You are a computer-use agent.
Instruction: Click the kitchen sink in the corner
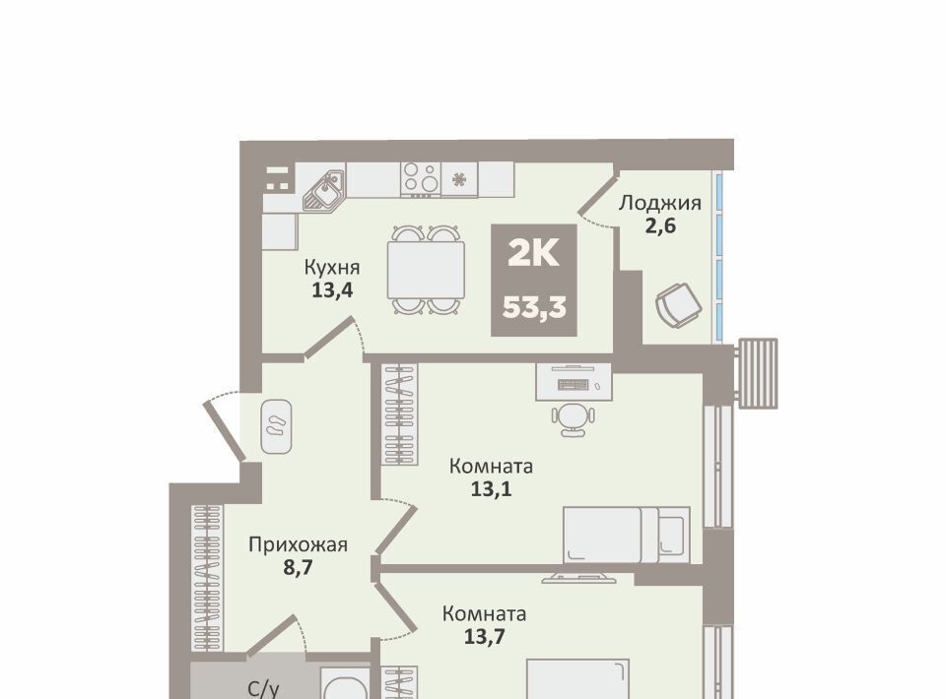(x=323, y=190)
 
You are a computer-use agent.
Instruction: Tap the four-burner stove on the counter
(x=421, y=179)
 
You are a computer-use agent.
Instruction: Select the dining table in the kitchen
(x=426, y=270)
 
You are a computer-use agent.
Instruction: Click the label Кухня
(x=332, y=267)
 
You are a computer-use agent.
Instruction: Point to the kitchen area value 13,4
(x=332, y=290)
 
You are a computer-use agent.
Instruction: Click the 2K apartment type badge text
(x=534, y=254)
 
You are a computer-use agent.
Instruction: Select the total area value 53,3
(x=534, y=308)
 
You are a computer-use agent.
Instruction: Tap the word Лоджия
(x=660, y=204)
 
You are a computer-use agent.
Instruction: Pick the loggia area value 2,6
(x=660, y=226)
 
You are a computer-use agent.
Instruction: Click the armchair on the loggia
(x=679, y=304)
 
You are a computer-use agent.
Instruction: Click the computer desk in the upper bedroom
(x=574, y=381)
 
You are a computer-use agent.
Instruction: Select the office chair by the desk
(x=573, y=418)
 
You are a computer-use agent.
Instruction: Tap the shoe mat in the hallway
(x=276, y=426)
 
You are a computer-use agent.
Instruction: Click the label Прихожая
(x=298, y=544)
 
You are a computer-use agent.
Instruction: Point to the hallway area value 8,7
(x=298, y=568)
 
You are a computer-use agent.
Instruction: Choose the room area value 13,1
(x=491, y=489)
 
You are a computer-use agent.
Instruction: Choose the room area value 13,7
(x=485, y=636)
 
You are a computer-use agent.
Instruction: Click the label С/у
(x=264, y=689)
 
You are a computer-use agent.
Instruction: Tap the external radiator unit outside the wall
(x=757, y=373)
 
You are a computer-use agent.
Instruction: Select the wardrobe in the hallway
(x=208, y=577)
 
